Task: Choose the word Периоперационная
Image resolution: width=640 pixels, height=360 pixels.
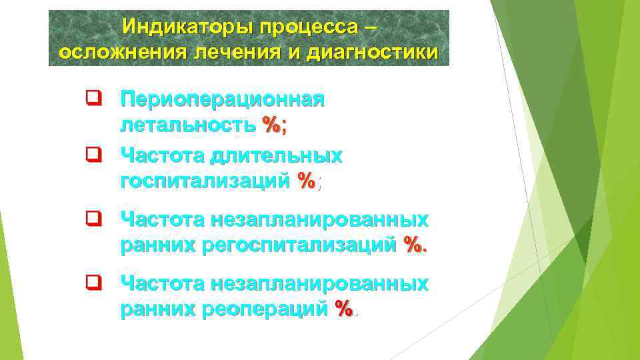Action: click(x=223, y=100)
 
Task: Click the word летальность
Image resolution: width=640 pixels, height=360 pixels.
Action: click(x=187, y=125)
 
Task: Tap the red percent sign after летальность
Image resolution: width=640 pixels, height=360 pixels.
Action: click(x=270, y=125)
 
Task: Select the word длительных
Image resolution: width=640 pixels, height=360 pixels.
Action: click(x=277, y=156)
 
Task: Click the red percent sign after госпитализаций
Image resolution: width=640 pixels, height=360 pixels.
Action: click(x=307, y=181)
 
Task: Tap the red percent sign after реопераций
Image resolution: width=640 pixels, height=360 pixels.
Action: click(x=344, y=309)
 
